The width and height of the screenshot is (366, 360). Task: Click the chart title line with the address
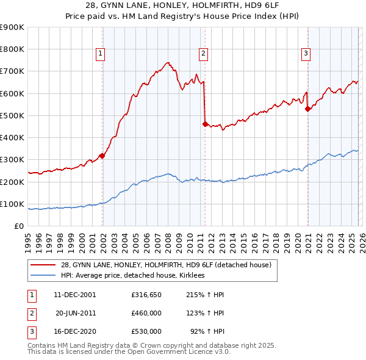point(183,5)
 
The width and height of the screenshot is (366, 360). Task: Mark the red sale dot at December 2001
point(102,156)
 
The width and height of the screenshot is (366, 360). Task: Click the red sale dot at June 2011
point(205,124)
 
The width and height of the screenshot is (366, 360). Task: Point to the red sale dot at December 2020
point(308,109)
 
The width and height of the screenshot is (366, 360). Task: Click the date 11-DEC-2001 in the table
point(74,295)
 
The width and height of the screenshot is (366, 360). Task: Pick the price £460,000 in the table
point(146,313)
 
